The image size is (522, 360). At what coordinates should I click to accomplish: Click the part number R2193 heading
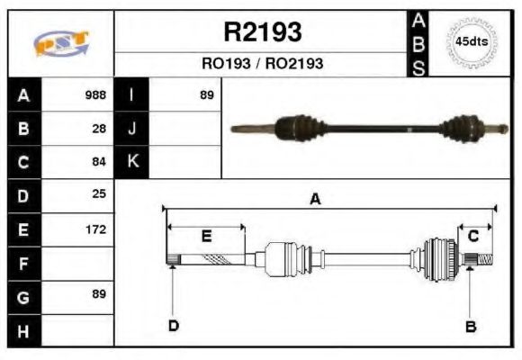262,33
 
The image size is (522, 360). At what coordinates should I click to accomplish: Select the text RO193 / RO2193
262,64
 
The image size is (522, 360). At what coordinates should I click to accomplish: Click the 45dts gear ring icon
471,41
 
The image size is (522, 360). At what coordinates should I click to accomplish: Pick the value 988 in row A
94,94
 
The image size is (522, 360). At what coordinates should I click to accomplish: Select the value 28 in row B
99,129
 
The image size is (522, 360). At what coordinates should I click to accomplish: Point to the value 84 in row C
99,162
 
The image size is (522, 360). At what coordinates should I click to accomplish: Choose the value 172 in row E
95,229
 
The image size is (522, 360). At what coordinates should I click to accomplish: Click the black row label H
23,330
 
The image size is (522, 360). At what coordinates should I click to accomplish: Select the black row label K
132,162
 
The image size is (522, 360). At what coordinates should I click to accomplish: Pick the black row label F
23,263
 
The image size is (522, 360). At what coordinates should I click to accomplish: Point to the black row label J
132,129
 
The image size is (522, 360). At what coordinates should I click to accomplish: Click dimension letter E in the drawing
206,237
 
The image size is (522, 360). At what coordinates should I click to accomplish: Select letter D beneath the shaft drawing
173,326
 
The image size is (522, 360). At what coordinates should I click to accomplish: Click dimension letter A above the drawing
315,200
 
